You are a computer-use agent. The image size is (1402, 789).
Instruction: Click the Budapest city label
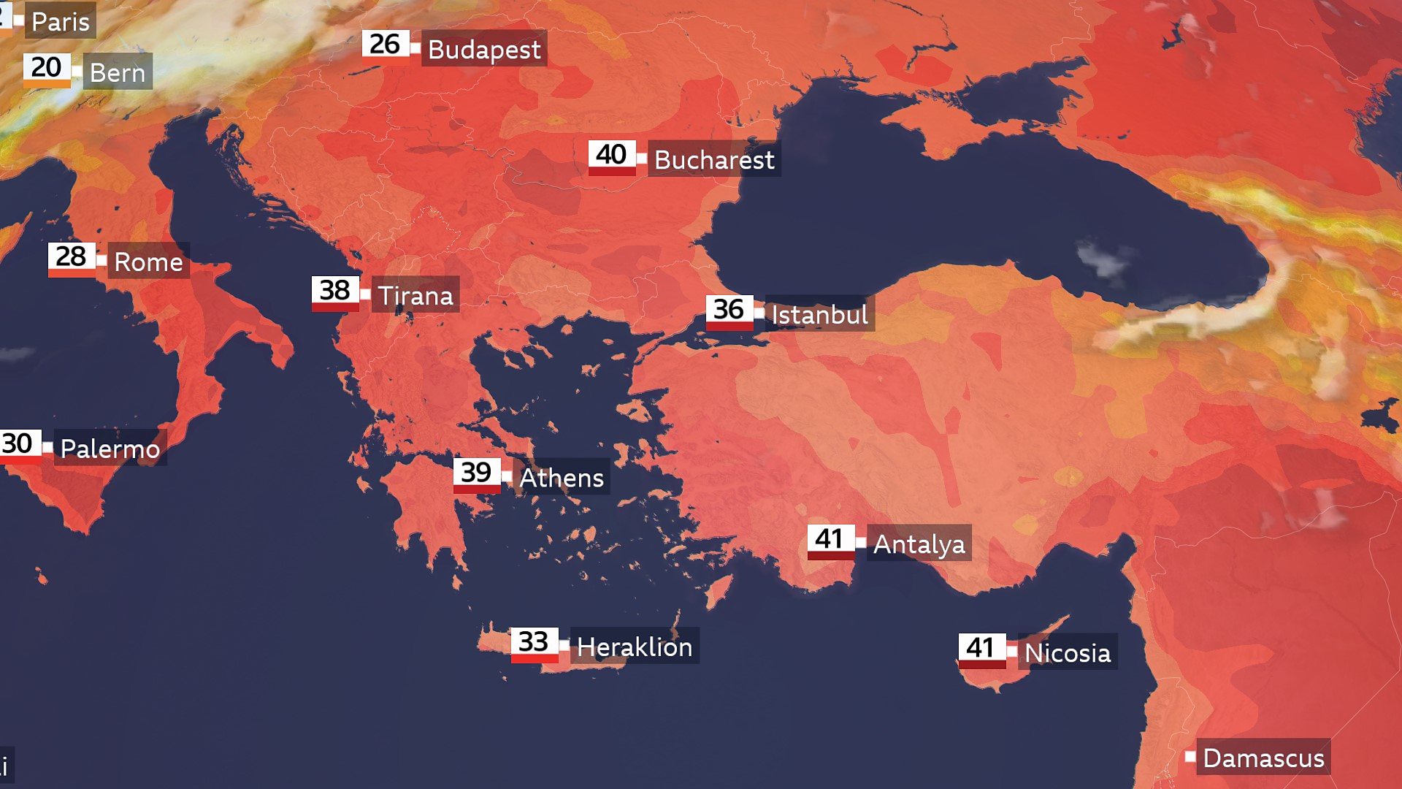coord(484,49)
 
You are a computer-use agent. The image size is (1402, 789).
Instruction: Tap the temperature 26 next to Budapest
coord(385,45)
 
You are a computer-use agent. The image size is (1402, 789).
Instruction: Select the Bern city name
coord(118,72)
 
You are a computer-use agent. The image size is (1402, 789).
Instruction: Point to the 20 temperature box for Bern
coord(47,68)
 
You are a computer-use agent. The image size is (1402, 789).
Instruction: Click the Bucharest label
coord(713,159)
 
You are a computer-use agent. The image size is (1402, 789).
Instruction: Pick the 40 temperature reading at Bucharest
coord(611,155)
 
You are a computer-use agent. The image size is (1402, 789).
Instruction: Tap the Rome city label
coord(148,262)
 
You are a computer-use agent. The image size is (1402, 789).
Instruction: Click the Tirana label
coord(415,295)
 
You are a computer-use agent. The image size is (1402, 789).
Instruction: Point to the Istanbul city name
coord(819,315)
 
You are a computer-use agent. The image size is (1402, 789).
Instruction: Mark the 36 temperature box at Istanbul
coord(729,310)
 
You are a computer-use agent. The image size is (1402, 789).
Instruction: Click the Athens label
coord(562,478)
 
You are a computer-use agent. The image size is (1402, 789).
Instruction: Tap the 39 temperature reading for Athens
coord(476,473)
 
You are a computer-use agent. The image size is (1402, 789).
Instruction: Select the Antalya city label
coord(919,544)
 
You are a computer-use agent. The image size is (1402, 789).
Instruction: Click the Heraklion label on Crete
coord(634,647)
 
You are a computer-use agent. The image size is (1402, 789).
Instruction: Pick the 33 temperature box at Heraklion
coord(534,642)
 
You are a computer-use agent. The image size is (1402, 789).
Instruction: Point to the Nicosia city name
coord(1067,652)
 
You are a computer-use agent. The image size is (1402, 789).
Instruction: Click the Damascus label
coord(1263,758)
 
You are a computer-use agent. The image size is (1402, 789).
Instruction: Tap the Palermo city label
coord(110,448)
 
